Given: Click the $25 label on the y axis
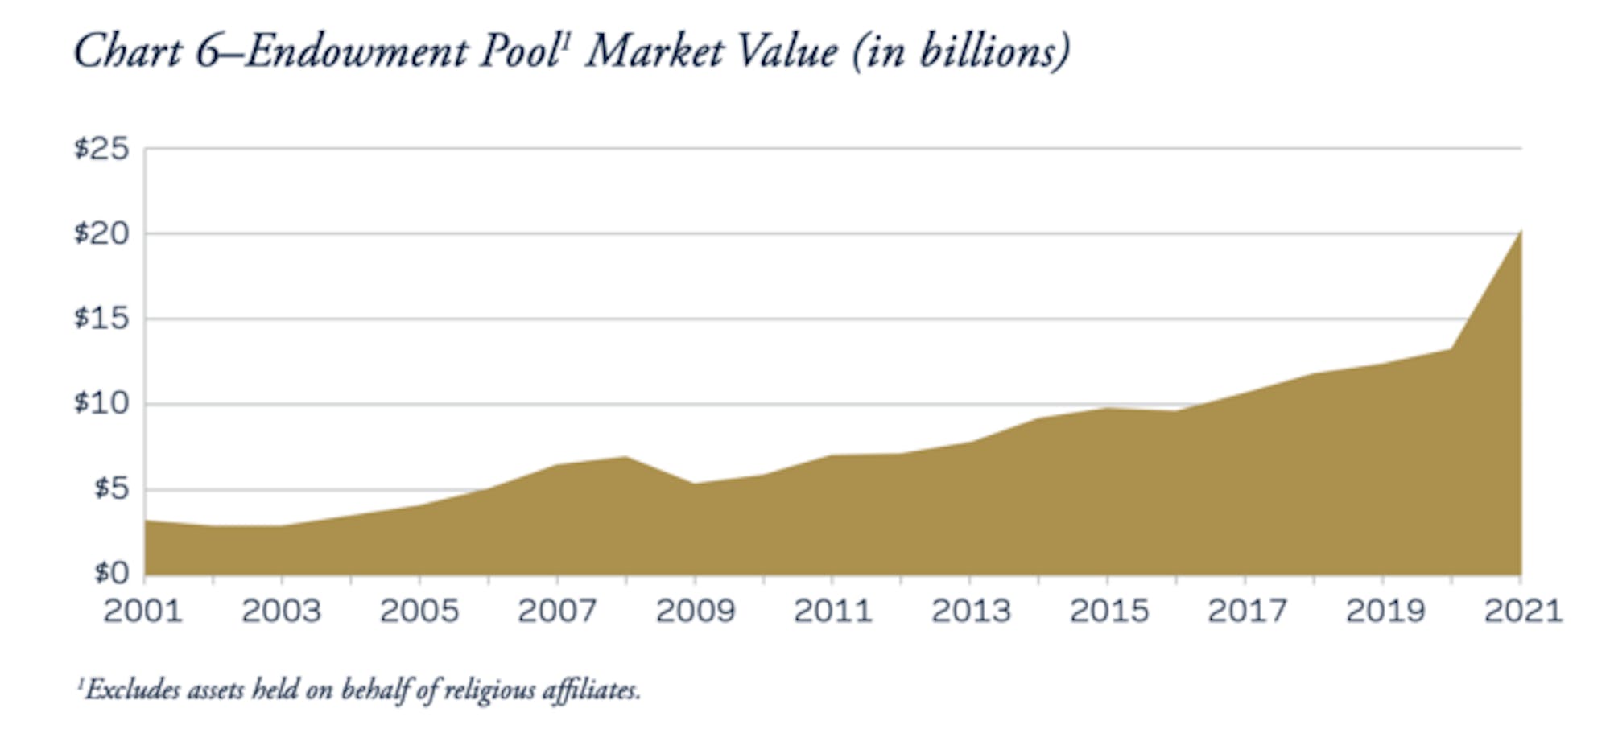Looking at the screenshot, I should coord(101,149).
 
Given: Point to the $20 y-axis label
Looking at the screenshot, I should coord(101,234).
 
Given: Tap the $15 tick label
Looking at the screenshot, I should coord(101,319).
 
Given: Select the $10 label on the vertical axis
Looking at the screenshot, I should coord(101,404).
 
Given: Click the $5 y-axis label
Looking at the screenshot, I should coord(111,489).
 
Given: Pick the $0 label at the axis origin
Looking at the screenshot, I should coord(111,574).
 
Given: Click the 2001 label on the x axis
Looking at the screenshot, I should coord(143,612).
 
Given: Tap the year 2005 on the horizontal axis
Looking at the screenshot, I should coord(419,612).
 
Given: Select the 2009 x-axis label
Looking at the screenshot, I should coord(696,612).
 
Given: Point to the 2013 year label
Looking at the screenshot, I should coord(971,612).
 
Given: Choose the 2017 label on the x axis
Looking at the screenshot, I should coord(1247,612).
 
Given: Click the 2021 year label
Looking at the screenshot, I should coord(1522,612).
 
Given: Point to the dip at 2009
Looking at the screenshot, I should coord(695,484).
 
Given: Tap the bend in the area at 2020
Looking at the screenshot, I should coord(1451,349).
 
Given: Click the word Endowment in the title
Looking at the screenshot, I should coord(357,53).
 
